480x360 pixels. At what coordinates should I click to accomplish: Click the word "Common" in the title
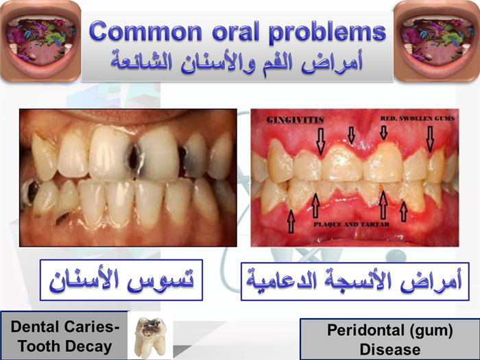click(145, 31)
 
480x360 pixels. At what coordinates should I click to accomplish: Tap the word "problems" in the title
click(327, 32)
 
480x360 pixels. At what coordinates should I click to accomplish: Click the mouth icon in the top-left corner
click(40, 41)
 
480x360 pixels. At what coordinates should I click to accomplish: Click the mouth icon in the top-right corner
click(437, 41)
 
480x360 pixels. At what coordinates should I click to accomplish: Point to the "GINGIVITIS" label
click(295, 120)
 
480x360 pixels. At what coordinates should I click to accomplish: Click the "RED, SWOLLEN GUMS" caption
click(417, 119)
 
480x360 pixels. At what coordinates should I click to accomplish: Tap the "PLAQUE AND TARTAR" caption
click(351, 224)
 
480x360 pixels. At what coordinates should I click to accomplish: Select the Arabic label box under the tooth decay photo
click(121, 280)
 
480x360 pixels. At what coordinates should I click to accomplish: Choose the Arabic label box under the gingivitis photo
click(355, 281)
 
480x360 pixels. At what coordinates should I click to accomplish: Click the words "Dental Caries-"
click(65, 326)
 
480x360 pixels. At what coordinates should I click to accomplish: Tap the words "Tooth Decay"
click(65, 346)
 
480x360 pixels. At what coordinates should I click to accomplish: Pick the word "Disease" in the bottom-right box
click(390, 350)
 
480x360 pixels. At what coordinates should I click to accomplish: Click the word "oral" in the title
click(235, 31)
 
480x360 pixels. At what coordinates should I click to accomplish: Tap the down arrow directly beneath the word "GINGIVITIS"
click(320, 141)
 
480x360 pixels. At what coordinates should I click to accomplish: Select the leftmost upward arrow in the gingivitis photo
click(291, 221)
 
